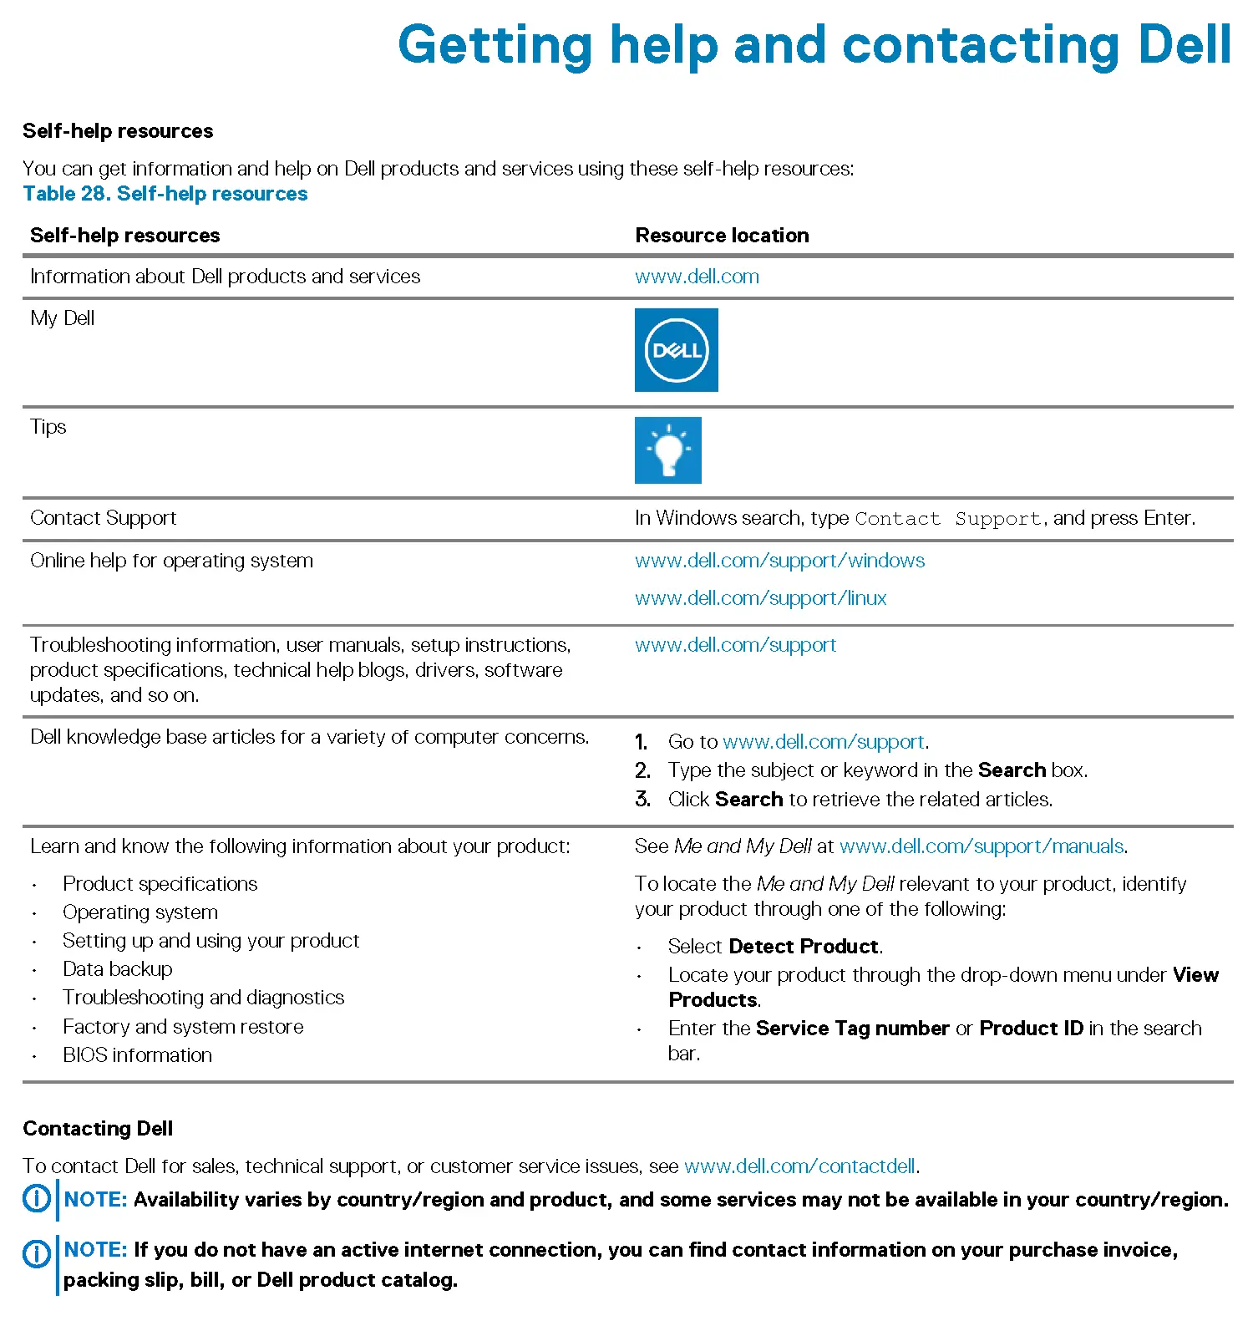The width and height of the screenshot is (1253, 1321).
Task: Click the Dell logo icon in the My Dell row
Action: tap(676, 350)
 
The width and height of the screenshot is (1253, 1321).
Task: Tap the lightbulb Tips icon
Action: tap(667, 450)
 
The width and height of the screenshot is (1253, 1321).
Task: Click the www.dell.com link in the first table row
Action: tap(697, 277)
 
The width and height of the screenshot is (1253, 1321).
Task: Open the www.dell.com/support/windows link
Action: tap(779, 561)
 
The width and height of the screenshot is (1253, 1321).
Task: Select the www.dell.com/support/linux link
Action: tap(760, 598)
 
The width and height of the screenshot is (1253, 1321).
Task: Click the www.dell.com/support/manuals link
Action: tap(982, 846)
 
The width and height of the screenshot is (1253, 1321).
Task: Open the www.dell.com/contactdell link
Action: tap(799, 1166)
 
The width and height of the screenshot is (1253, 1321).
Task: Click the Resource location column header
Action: tap(722, 236)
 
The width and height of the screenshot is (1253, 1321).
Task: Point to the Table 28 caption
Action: tap(165, 194)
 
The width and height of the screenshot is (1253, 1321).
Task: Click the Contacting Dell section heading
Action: tap(98, 1129)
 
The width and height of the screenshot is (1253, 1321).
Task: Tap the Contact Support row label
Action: tap(104, 518)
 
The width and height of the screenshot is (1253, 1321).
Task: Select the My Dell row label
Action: tap(63, 318)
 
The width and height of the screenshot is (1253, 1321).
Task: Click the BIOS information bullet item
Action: tap(137, 1055)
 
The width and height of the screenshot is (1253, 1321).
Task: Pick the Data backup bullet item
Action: tap(118, 969)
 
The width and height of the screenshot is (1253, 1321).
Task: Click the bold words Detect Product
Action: tap(804, 947)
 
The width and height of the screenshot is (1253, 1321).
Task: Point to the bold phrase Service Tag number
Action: tap(852, 1029)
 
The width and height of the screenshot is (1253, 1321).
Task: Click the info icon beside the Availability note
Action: tap(36, 1199)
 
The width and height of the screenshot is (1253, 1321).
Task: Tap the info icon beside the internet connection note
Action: tap(36, 1252)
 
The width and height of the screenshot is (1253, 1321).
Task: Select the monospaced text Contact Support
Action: tap(948, 519)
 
